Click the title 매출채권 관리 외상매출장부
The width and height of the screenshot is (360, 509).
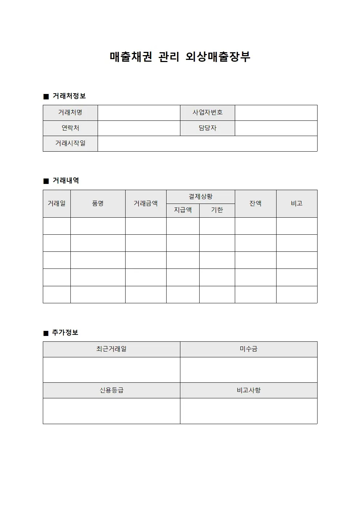coord(180,57)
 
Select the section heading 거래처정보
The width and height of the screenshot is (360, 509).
coord(69,96)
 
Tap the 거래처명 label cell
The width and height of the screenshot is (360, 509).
coord(70,113)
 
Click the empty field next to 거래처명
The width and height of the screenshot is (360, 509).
coord(139,113)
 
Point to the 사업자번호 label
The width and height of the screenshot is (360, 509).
coord(208,113)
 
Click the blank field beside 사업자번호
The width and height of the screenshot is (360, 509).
coord(276,113)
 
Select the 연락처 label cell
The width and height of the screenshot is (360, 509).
coord(70,128)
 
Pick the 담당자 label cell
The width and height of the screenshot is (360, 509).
coord(208,128)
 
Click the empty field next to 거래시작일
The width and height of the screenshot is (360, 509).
coord(207,144)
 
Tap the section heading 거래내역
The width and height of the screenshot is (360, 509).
coord(66,181)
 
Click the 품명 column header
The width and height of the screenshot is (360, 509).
coord(98,204)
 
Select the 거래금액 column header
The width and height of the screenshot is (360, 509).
coord(146,204)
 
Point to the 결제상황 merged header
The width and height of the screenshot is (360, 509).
coord(201,197)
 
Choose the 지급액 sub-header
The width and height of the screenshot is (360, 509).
coord(183,210)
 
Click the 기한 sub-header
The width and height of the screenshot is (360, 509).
coord(217,210)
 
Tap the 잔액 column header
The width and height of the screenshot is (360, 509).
coord(255,204)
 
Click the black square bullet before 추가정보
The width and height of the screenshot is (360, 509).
coord(46,333)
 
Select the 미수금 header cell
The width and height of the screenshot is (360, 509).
coord(249,349)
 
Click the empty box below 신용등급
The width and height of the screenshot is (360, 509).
coord(111,411)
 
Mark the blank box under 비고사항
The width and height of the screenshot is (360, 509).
coord(249,411)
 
